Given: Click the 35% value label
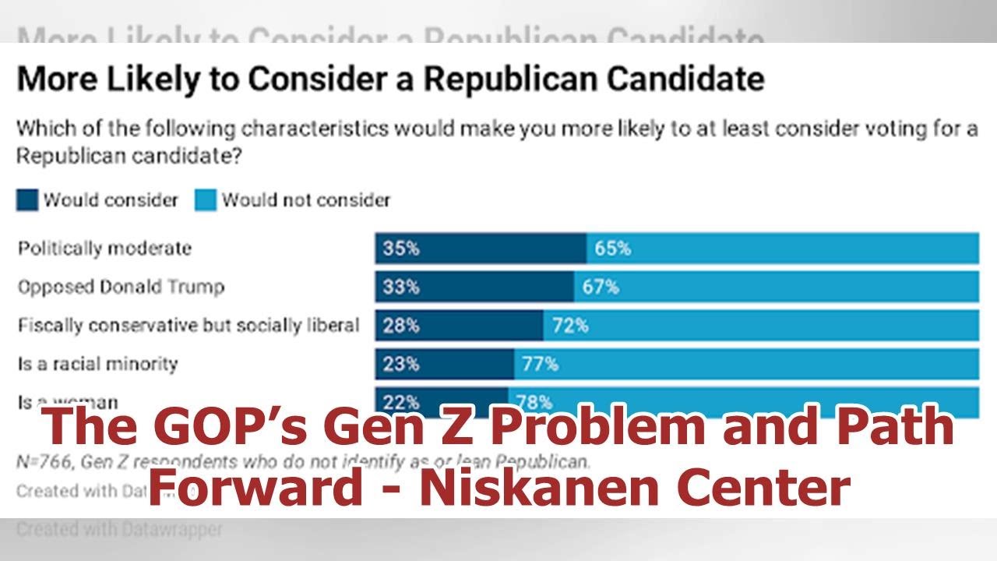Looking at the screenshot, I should coord(400,249).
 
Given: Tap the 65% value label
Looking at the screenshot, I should coord(612,249).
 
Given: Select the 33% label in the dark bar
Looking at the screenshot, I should coord(400,287).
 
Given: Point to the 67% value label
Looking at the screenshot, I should coord(601,287).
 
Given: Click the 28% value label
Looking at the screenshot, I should coord(400,325).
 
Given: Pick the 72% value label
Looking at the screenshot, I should coord(570,325).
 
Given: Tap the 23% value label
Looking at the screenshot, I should coord(400,363).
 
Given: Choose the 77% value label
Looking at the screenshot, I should coord(541,363).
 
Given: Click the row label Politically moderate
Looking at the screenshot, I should coord(104,249).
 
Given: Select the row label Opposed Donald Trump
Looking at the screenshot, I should coord(121,287).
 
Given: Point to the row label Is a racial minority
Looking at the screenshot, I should coord(97,363).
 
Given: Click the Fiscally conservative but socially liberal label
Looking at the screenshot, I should coord(188,325).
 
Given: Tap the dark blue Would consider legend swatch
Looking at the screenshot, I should coord(27,200).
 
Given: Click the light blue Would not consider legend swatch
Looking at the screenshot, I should coord(206,200).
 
